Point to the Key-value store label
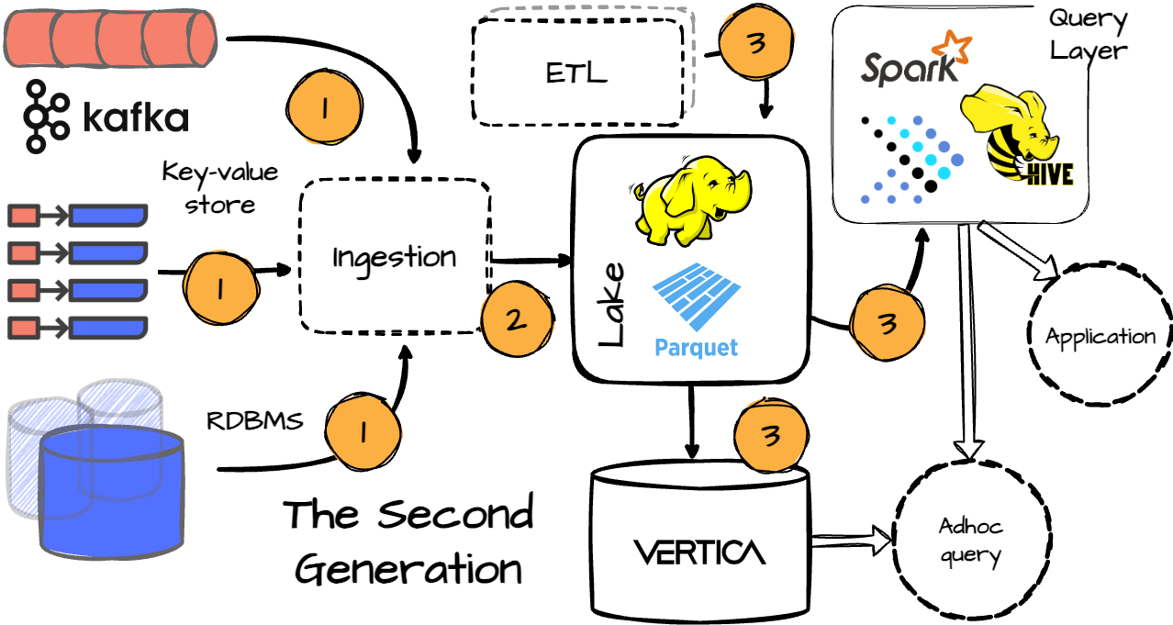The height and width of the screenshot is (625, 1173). coord(219,187)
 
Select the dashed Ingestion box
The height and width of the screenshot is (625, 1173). coord(394,256)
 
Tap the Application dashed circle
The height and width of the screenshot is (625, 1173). coord(1100,336)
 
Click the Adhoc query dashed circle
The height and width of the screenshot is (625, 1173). coord(970,540)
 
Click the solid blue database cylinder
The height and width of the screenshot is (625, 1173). coord(111,486)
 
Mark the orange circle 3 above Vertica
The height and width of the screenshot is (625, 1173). coord(771,435)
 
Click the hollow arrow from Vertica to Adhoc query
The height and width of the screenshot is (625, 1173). coord(852,541)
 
